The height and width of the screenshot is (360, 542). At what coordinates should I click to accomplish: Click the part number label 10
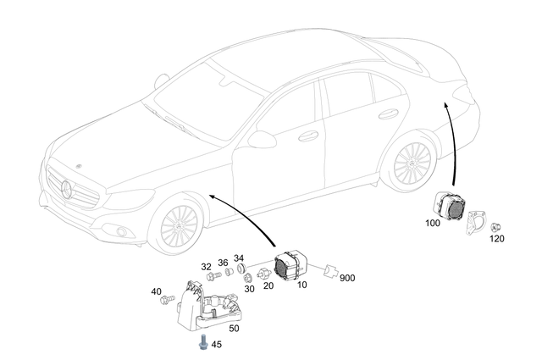[x=302, y=286]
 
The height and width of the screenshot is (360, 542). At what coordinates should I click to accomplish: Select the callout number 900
[x=348, y=277]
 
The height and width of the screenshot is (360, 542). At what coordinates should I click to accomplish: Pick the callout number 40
[x=157, y=292]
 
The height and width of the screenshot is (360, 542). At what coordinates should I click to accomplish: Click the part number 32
[x=207, y=267]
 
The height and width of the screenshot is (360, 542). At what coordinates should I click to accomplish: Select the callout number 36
[x=223, y=262]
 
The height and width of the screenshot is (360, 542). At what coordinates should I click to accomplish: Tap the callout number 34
[x=239, y=258]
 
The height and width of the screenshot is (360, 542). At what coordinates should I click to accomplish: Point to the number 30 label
[x=249, y=289]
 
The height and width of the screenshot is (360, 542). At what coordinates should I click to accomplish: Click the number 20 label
[x=268, y=286]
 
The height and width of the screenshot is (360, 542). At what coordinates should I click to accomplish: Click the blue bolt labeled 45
[x=204, y=343]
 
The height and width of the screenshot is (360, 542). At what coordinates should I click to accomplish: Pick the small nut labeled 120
[x=496, y=226]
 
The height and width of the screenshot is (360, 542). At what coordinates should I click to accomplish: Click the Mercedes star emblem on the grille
[x=69, y=188]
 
